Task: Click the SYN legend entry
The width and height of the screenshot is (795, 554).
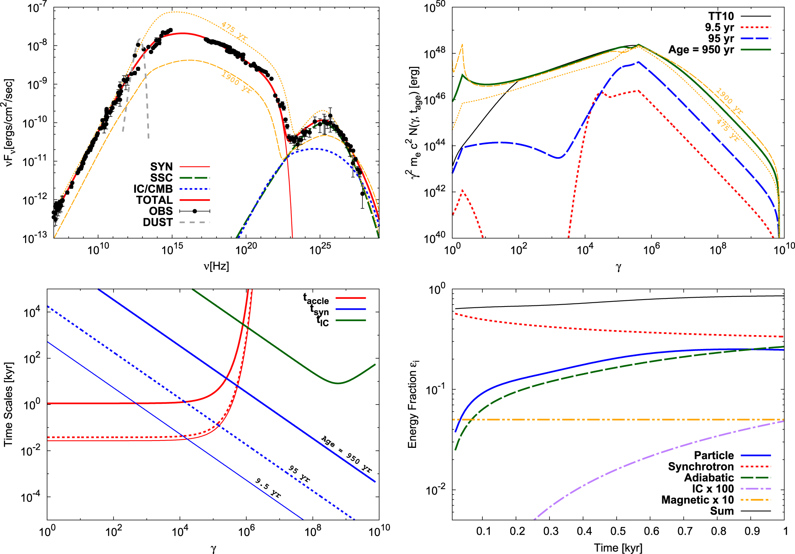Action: (161, 167)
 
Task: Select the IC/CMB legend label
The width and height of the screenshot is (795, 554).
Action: (153, 189)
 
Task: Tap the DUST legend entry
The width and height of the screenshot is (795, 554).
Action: (157, 222)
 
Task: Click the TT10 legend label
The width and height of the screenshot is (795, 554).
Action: (721, 16)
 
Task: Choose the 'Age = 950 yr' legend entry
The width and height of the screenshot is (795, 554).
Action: (701, 50)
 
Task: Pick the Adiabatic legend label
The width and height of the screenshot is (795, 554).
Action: (709, 478)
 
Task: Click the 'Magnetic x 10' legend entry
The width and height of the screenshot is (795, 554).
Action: (697, 500)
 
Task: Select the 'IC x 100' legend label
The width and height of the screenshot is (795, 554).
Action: (712, 489)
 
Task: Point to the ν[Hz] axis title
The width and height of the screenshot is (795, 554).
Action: (216, 266)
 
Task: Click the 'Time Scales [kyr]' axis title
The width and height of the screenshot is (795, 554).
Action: (8, 404)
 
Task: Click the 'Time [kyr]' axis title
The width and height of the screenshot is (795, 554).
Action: (618, 547)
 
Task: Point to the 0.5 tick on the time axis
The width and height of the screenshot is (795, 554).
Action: (618, 531)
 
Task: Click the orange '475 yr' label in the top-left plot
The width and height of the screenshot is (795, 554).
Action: (234, 31)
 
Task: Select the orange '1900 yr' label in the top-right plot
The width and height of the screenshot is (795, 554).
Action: (729, 101)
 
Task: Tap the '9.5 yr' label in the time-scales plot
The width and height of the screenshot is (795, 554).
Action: (268, 488)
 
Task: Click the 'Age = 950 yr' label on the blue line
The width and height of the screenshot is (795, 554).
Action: (347, 454)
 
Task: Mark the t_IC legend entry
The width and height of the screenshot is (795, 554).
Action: (322, 321)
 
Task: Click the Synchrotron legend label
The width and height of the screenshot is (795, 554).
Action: (700, 466)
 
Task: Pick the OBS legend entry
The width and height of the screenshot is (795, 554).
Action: (161, 211)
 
